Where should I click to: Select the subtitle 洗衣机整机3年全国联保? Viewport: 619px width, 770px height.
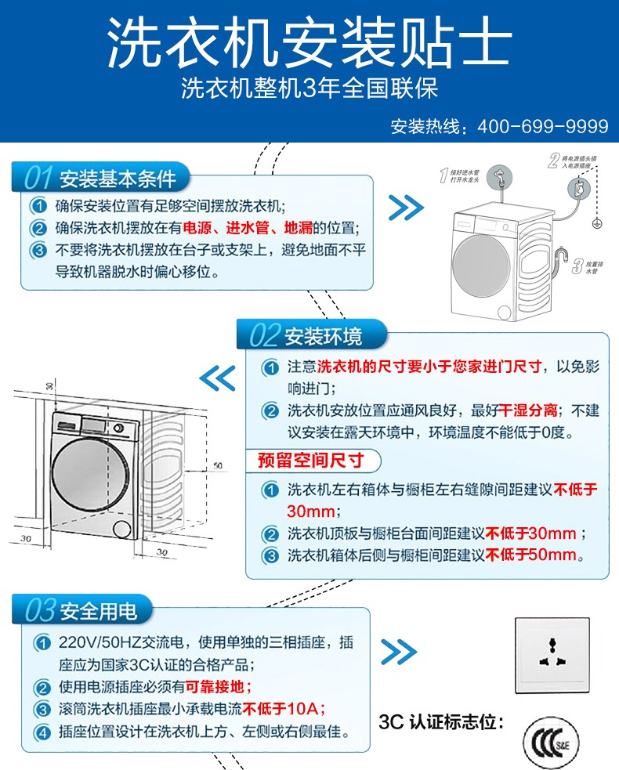[x=309, y=87]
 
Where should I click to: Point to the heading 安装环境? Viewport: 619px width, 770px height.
[x=323, y=337]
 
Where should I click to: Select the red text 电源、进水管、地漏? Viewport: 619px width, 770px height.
[x=247, y=228]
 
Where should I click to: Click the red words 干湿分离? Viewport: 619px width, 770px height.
[x=530, y=410]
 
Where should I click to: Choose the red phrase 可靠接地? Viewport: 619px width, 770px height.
[x=218, y=687]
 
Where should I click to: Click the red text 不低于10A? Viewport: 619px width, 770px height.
[x=282, y=709]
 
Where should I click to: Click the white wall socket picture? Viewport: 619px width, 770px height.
[x=551, y=655]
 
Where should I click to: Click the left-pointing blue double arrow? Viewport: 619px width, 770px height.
[x=217, y=378]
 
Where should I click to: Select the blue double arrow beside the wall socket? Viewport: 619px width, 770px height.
[x=399, y=650]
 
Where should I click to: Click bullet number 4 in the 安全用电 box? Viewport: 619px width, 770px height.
[x=41, y=732]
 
